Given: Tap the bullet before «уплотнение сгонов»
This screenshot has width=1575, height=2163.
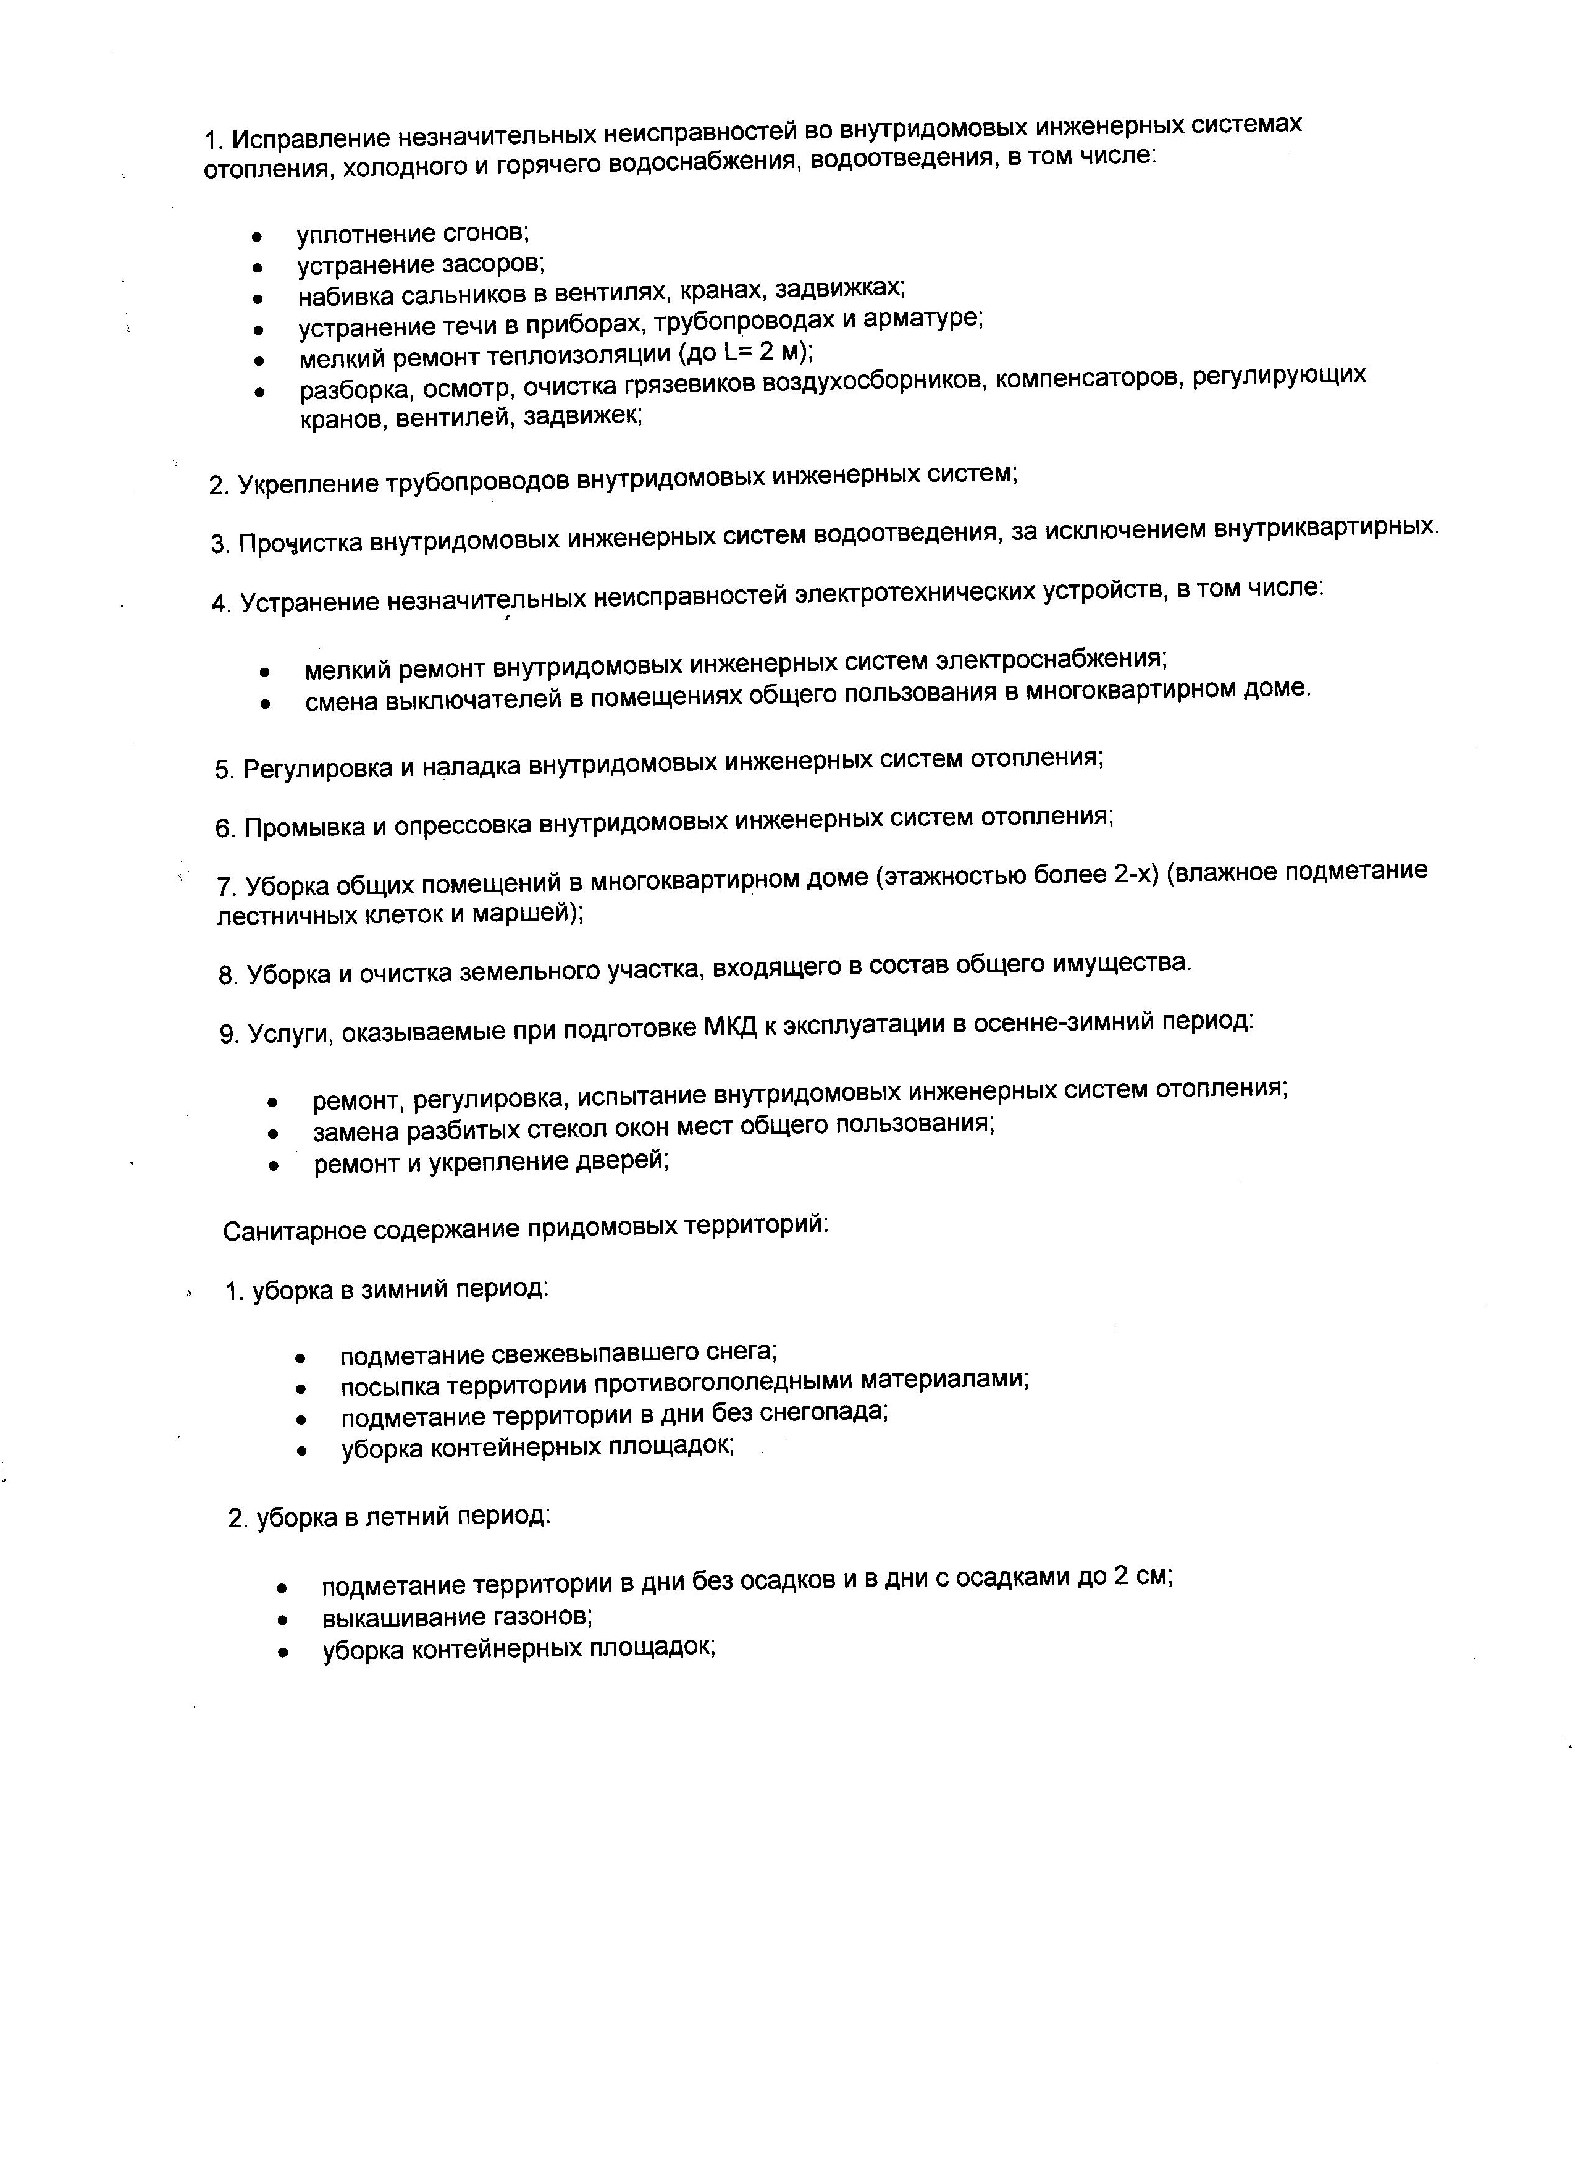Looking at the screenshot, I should click(x=256, y=235).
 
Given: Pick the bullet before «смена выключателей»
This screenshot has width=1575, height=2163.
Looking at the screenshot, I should click(x=265, y=705).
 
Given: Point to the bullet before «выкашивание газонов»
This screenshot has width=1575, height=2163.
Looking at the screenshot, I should click(x=282, y=1619).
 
